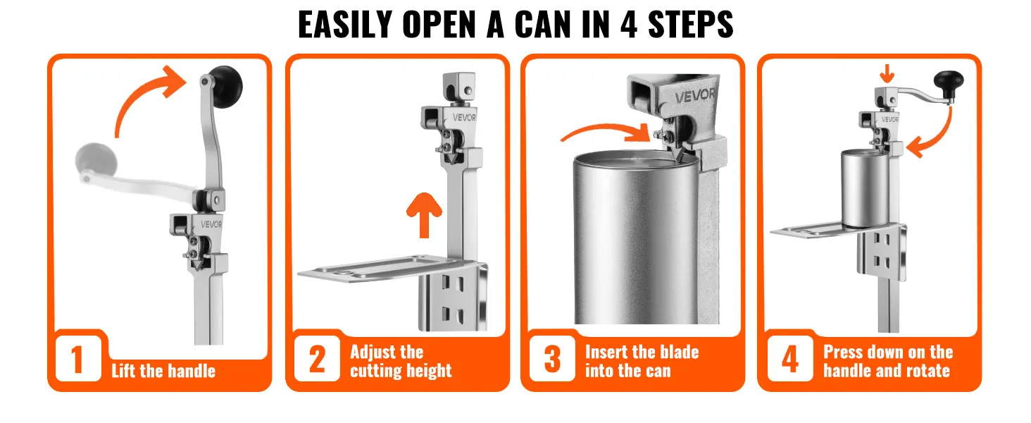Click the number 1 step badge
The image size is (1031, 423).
coord(78,358)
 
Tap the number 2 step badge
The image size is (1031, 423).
coord(317,358)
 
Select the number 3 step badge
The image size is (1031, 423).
coord(552,358)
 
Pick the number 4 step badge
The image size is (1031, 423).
coord(790,358)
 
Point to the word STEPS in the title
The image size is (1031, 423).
coord(691,24)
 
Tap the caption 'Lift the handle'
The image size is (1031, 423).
coord(163,371)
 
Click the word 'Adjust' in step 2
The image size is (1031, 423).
coord(375,352)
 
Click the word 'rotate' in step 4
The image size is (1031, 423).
coord(925,370)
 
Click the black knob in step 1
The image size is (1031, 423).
coord(226,86)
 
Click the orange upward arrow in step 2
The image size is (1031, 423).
coord(424,215)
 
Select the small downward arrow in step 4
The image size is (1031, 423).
coord(887,73)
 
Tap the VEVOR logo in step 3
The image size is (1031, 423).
coord(695,96)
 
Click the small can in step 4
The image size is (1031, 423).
coord(866,188)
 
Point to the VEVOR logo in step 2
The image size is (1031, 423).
coord(464,118)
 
